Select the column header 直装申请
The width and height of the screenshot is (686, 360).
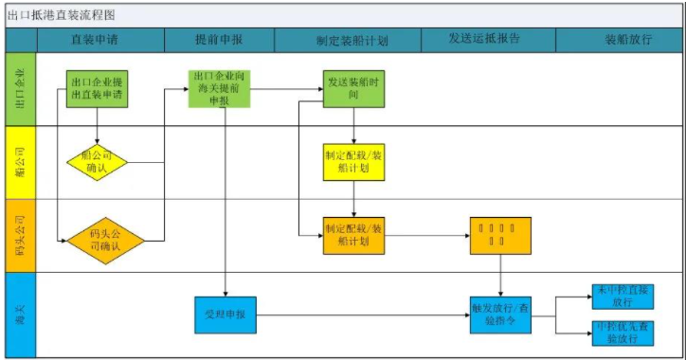pos(95,41)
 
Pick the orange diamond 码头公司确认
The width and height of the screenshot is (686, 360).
pos(104,240)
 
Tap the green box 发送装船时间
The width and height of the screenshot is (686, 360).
pos(353,88)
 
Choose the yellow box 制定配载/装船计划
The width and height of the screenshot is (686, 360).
pos(353,162)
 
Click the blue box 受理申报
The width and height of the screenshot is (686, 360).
pos(225,314)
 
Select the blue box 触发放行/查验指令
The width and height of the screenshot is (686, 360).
pos(500,314)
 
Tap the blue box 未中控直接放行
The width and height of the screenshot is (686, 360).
pos(623,296)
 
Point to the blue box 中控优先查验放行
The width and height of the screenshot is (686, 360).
pos(623,333)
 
